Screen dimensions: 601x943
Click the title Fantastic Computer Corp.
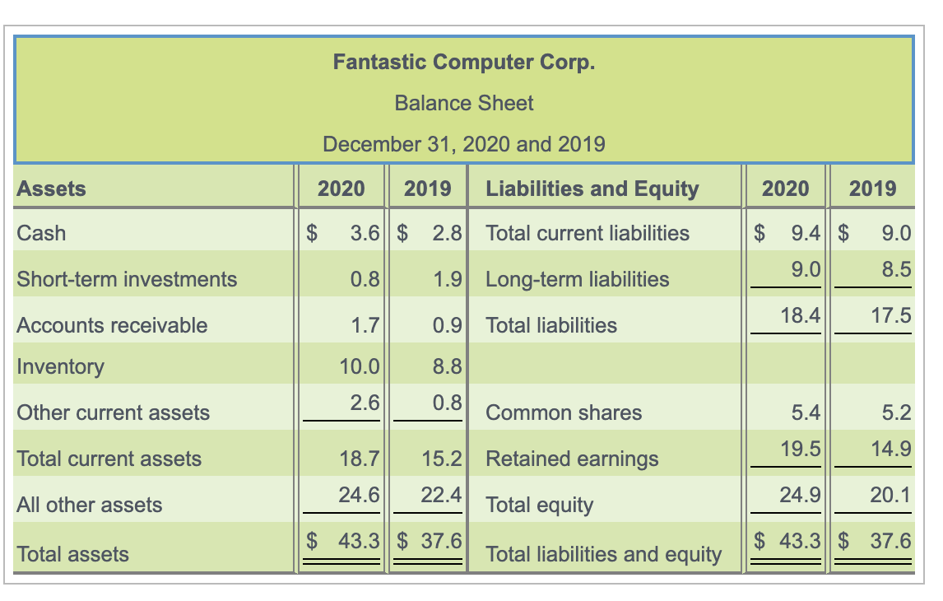[x=463, y=62]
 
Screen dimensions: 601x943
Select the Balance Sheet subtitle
[x=463, y=103]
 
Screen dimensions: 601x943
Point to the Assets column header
[x=51, y=189]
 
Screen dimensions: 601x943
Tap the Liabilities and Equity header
[x=592, y=189]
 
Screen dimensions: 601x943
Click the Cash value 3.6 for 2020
[x=365, y=233]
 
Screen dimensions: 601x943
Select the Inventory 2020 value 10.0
[x=360, y=366]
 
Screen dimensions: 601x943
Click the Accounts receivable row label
[x=112, y=325]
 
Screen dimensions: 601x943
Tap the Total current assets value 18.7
[x=360, y=459]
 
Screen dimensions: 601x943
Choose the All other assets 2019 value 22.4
[x=442, y=495]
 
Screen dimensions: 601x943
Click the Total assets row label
[x=72, y=554]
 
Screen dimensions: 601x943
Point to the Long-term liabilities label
[x=578, y=279]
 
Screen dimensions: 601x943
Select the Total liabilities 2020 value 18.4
[x=801, y=314]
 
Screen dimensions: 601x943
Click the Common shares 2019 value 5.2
[x=896, y=412]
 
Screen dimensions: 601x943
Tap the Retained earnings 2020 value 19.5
[x=801, y=449]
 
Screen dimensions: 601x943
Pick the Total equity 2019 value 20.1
[x=890, y=495]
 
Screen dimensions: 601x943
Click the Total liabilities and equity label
[x=603, y=554]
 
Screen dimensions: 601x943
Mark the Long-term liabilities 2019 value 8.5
[x=896, y=268]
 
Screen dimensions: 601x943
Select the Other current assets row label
[x=114, y=412]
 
